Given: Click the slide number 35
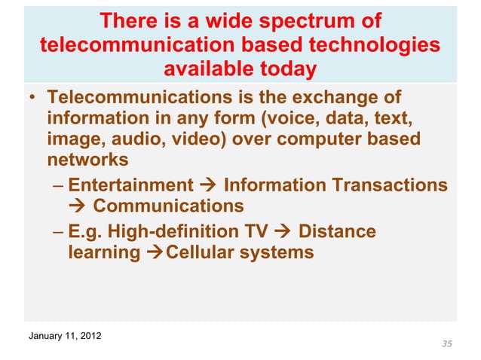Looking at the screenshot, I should click(x=447, y=344).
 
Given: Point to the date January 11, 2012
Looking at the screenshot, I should click(x=66, y=334).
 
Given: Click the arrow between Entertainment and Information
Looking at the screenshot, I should click(x=210, y=185).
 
